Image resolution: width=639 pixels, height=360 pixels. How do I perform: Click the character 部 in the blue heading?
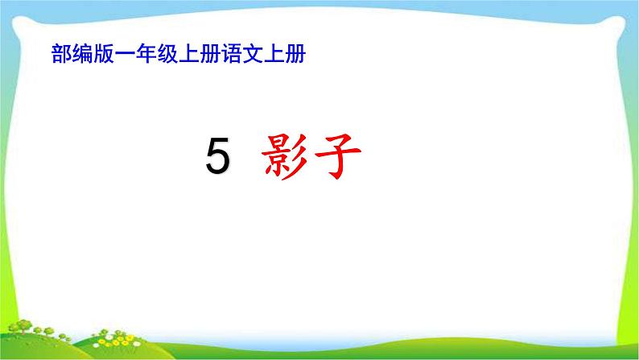point(61,54)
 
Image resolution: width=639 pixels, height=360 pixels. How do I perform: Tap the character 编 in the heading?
point(83,54)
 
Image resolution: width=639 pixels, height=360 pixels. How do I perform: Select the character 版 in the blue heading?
point(104,54)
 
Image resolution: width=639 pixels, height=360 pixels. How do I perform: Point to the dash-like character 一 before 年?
point(125,54)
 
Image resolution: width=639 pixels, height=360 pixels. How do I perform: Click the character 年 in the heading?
point(146,54)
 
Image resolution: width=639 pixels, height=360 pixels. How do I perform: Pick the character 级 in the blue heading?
point(167,54)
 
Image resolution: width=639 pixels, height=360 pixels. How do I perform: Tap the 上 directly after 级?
point(188,54)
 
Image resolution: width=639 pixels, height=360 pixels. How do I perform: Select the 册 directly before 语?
point(210,54)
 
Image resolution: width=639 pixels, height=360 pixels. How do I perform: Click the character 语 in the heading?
point(232,54)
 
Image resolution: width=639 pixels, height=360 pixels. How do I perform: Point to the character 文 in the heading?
point(253,54)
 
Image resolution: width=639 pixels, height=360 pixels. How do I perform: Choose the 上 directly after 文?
point(274,54)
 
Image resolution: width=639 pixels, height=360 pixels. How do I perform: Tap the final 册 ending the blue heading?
point(295,54)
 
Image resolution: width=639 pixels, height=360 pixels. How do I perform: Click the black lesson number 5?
point(217,155)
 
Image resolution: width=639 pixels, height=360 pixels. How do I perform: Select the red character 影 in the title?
point(284,156)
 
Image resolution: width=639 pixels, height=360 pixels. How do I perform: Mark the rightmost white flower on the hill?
point(137,344)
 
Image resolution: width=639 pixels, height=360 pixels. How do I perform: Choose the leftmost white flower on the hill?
point(97,345)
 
